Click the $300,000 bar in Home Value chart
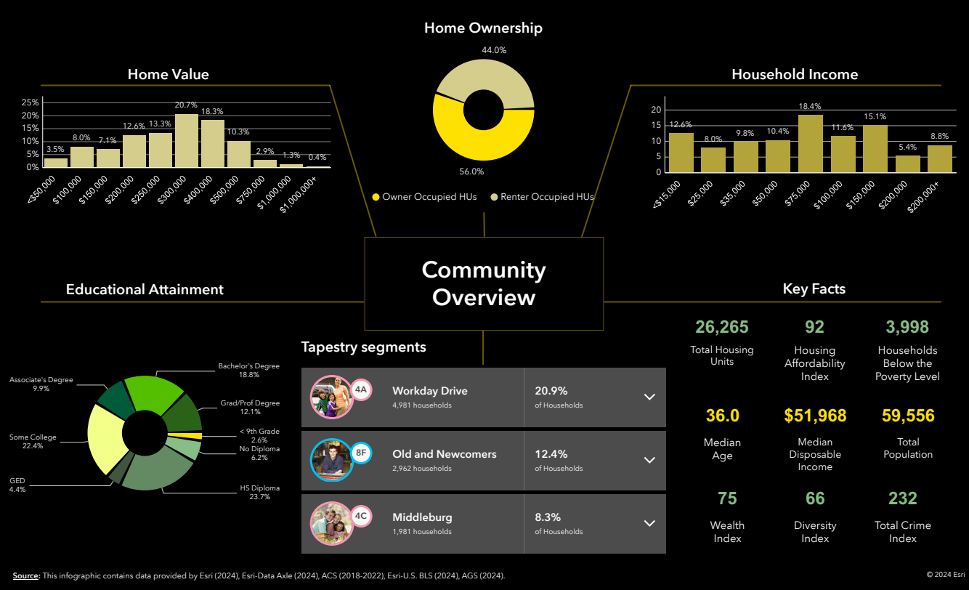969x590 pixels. coord(187,141)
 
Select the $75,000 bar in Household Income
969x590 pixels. coord(811,144)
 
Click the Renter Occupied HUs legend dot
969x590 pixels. coord(495,197)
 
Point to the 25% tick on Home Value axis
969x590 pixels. coord(30,102)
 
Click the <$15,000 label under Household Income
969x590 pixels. coord(667,195)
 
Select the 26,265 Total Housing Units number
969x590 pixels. coord(721,327)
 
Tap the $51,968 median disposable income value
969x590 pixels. coord(815,416)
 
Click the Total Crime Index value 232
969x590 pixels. coord(902,498)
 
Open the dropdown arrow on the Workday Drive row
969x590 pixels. coord(649,397)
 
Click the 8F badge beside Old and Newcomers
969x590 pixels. coord(361,453)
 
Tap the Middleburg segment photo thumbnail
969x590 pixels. coord(331,523)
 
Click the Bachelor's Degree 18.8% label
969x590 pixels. coord(248,371)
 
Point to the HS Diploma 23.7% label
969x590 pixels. coord(259,493)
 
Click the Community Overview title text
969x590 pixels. coord(484,283)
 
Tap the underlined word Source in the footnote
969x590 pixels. coord(26,575)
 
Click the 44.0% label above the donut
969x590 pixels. coord(494,50)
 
